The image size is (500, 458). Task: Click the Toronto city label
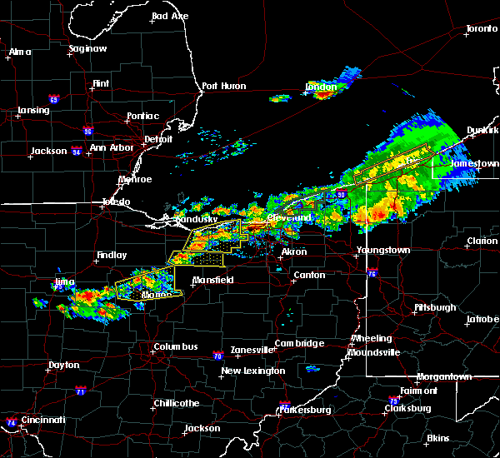[x=481, y=28]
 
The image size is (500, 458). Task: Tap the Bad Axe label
[x=169, y=16]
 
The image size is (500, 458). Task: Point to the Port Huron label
[x=221, y=85]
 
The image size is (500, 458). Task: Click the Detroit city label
[x=157, y=139]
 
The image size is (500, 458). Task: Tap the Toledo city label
[x=116, y=202]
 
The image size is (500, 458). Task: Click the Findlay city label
[x=112, y=256]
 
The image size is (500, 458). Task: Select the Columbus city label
[x=175, y=346]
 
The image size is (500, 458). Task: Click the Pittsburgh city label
[x=435, y=307]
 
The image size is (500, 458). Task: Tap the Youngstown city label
[x=383, y=250]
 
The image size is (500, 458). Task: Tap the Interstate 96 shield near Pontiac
[x=87, y=131]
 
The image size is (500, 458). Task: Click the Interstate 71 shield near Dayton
[x=80, y=391]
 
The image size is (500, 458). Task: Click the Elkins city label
[x=437, y=438]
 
